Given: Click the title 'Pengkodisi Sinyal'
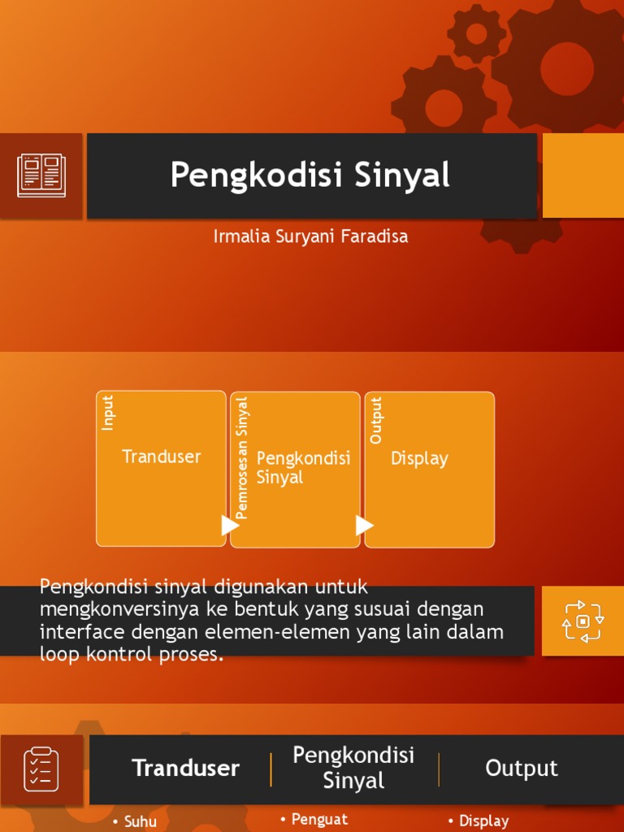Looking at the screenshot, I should [x=310, y=175].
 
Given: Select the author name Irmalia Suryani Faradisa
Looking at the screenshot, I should [x=310, y=236].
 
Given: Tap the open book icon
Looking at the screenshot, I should [x=41, y=175].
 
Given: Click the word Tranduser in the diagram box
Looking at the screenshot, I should [x=161, y=457].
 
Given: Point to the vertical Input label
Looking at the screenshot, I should [x=108, y=412].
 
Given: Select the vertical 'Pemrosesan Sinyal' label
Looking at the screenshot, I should [x=241, y=457].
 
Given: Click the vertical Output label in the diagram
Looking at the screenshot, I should [x=375, y=420].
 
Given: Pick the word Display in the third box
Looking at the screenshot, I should [x=419, y=458].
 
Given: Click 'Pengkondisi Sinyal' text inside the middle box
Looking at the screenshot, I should [x=303, y=467].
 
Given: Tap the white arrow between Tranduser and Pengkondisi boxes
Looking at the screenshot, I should [x=230, y=525].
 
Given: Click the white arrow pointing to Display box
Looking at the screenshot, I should [x=365, y=525].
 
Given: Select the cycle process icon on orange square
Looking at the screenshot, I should [x=583, y=621].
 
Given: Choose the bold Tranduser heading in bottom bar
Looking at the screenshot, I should [x=185, y=769].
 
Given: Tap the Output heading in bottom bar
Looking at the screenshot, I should [x=521, y=769].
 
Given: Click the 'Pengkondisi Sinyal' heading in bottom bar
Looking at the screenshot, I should [x=353, y=768].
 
